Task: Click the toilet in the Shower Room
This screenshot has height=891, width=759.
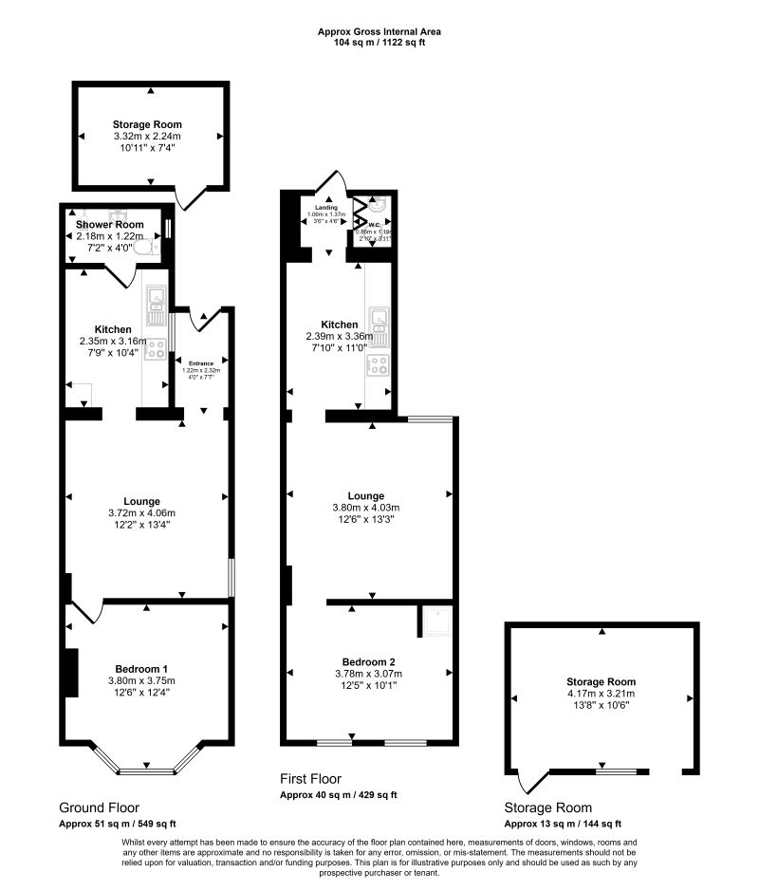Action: pos(145,248)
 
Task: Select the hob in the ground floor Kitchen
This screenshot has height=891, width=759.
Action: pos(155,347)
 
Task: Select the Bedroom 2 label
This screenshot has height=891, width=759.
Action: pos(369,661)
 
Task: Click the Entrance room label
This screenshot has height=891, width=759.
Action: pos(200,362)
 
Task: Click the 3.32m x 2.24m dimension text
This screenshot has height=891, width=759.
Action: pos(147,137)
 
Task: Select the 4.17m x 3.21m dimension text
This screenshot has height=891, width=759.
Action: pos(601,694)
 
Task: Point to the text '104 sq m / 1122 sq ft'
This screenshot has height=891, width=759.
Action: pos(379,43)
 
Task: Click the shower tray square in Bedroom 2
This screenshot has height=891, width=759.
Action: pos(435,621)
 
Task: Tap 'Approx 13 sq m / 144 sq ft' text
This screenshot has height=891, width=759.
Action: pos(563,824)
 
